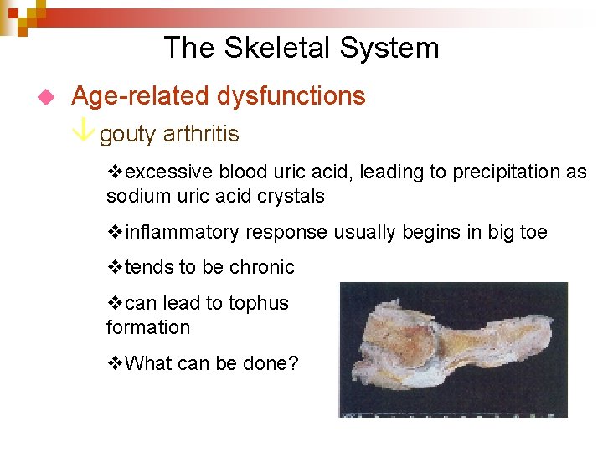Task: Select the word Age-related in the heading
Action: tap(141, 96)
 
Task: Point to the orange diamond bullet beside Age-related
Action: tap(46, 97)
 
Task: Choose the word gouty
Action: tap(129, 135)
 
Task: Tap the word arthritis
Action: tap(201, 134)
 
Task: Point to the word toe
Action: tap(533, 232)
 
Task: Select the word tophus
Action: tap(260, 303)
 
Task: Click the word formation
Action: tap(147, 327)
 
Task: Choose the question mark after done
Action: tap(293, 364)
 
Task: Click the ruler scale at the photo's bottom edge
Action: tap(452, 413)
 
